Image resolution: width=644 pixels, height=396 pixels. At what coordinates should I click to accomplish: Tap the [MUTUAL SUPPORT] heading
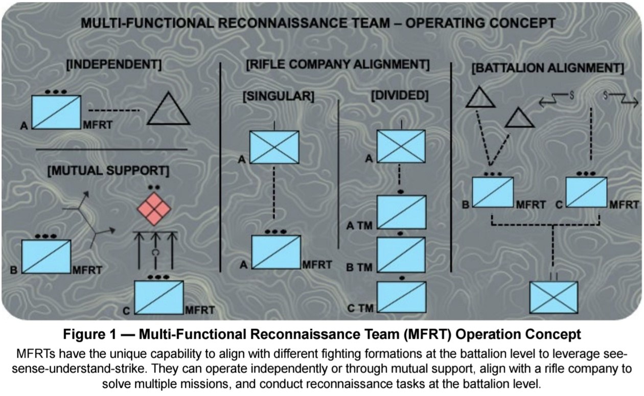pyautogui.click(x=108, y=170)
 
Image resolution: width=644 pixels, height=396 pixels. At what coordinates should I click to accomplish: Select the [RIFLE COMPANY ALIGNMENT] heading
pyautogui.click(x=337, y=65)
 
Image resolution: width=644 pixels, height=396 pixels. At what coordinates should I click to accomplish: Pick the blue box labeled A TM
pyautogui.click(x=401, y=212)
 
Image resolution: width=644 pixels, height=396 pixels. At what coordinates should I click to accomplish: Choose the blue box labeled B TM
pyautogui.click(x=401, y=254)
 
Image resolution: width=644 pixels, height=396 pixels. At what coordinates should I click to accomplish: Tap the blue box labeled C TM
pyautogui.click(x=401, y=296)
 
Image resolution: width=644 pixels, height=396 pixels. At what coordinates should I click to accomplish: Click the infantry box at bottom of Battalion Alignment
pyautogui.click(x=554, y=297)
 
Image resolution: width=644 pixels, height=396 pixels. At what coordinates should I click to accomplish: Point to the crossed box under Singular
pyautogui.click(x=274, y=147)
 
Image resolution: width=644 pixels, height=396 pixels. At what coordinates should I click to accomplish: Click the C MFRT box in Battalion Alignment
pyautogui.click(x=586, y=192)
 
